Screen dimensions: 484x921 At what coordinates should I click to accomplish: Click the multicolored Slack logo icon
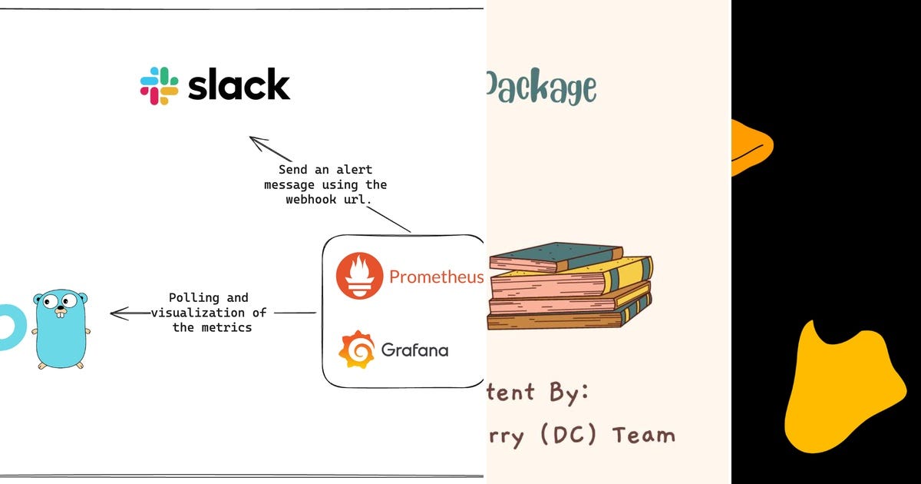pos(159,85)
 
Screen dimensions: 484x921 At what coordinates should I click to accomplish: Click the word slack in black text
pos(239,85)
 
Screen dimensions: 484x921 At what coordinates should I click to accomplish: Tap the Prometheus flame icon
pos(358,275)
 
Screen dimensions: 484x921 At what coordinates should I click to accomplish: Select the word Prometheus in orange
pos(436,277)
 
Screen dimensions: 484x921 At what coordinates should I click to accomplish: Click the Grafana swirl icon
pos(357,350)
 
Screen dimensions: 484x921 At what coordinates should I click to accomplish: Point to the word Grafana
pos(414,351)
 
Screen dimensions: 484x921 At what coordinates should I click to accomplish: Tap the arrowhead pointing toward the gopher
pos(117,313)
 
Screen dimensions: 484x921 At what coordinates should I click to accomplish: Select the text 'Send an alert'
pos(325,170)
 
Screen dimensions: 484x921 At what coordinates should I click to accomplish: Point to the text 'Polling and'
pos(208,297)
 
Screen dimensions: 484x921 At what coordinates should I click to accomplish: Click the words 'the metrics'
pos(212,327)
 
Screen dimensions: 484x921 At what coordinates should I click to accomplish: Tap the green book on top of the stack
pos(556,257)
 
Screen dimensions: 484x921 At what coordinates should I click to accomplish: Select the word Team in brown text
pos(643,435)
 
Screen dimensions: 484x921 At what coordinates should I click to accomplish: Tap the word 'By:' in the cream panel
pos(569,392)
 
